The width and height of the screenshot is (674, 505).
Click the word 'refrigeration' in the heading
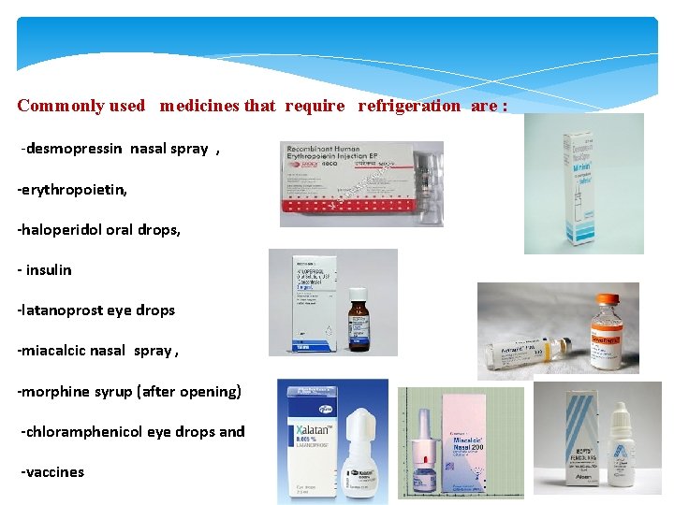409,106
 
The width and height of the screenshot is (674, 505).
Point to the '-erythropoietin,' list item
72,190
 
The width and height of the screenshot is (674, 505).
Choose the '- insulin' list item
44,270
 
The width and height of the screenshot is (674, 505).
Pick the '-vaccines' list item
52,471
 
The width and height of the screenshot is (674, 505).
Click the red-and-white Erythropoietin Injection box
360,183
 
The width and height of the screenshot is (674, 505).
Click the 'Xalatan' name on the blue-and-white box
304,435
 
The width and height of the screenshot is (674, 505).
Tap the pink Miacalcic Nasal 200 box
477,444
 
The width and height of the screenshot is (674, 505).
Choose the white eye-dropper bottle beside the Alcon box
623,449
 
